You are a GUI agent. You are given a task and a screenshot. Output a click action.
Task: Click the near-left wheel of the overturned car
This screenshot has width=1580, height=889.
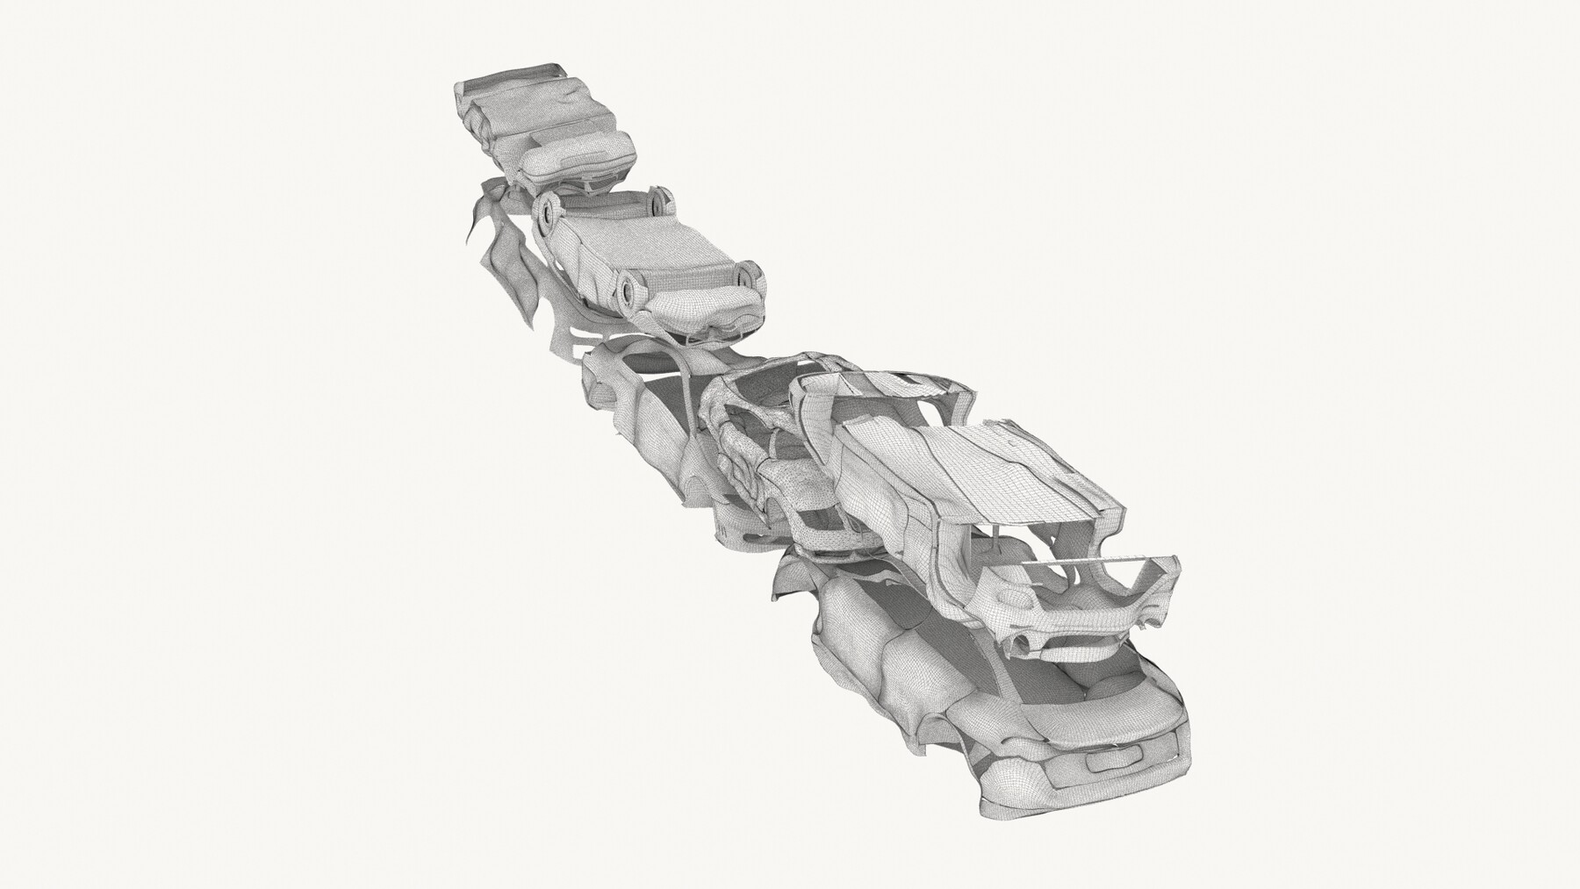(x=629, y=286)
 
